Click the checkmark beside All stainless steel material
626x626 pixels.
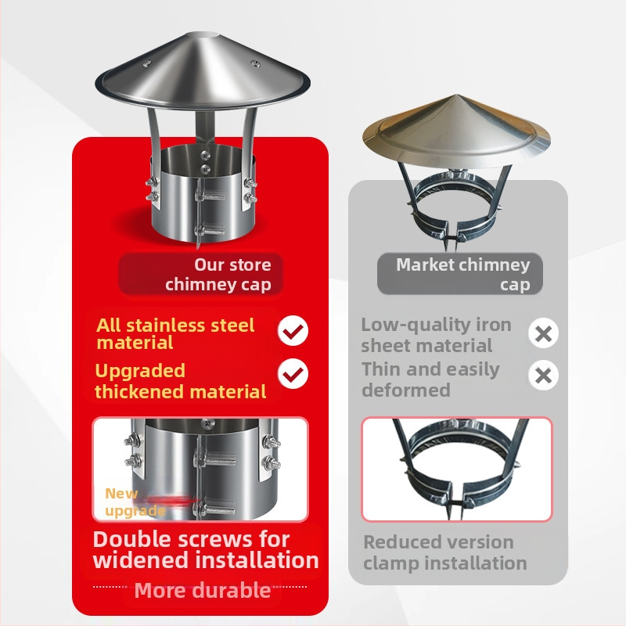point(293,330)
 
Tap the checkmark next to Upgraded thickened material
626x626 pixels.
point(293,374)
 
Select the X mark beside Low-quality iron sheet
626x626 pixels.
point(543,333)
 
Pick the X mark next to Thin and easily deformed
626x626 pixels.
point(543,376)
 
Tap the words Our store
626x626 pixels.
point(232,264)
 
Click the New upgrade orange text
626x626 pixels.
point(135,502)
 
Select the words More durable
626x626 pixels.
point(203,590)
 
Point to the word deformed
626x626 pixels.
point(406,390)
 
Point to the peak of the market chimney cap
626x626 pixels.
point(457,95)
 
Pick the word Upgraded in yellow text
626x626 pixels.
point(140,371)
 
